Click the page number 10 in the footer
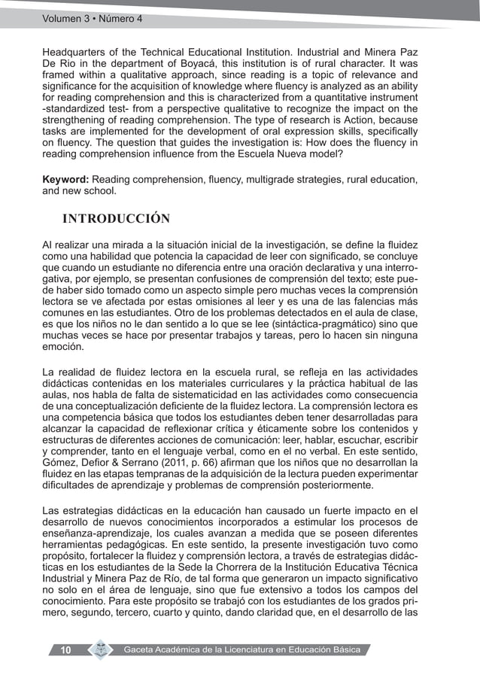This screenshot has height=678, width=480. (x=65, y=650)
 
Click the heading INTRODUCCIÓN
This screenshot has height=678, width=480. (x=116, y=219)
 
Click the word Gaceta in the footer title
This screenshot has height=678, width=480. (x=141, y=650)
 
